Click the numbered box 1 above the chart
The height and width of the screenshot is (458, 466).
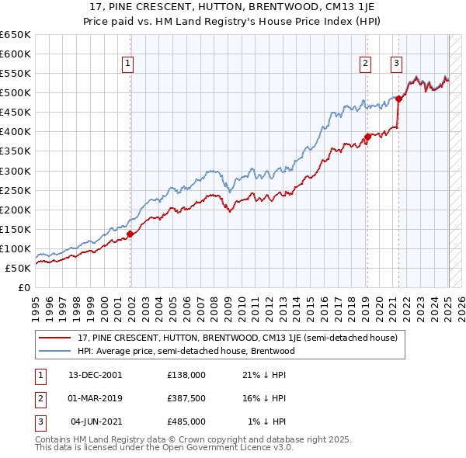click(127, 64)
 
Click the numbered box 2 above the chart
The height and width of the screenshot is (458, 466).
click(365, 64)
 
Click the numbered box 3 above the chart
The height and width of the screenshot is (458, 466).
click(396, 64)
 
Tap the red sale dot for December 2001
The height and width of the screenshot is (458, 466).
click(130, 234)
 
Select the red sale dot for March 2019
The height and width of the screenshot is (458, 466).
click(367, 137)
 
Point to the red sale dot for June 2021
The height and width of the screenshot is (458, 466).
click(398, 99)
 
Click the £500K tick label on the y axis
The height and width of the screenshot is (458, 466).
click(16, 93)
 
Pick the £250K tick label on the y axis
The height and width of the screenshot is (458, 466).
click(16, 190)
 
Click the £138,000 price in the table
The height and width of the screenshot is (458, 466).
click(186, 374)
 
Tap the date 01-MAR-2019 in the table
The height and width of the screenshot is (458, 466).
click(96, 398)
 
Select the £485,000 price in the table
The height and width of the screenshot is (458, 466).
click(186, 422)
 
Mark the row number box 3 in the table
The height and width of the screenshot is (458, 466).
click(38, 422)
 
